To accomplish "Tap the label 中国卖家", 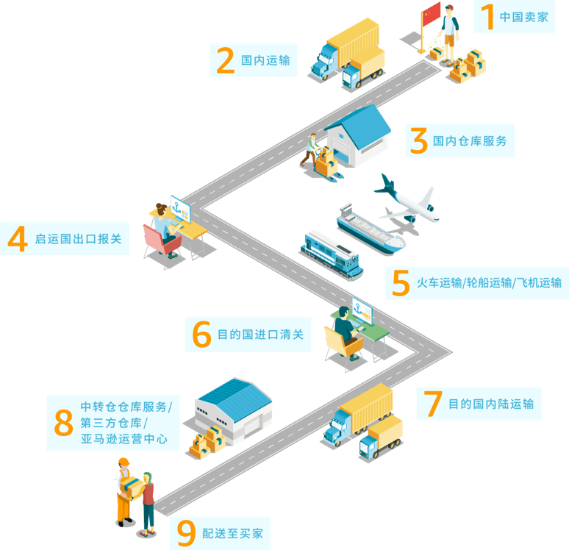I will (523, 17).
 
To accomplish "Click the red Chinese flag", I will (431, 12).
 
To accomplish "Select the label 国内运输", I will (265, 61).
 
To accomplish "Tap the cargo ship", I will (371, 227).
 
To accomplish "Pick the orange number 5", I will (400, 283).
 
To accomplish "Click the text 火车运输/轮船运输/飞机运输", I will (488, 283).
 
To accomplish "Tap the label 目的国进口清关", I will (260, 335).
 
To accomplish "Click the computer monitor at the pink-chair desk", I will (180, 208).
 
